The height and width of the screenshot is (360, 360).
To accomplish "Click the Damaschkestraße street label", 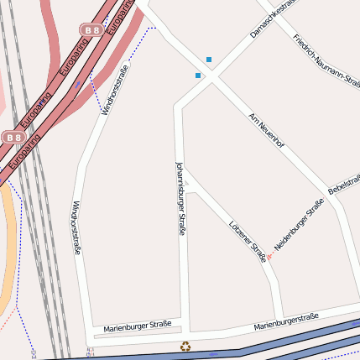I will point(274,18).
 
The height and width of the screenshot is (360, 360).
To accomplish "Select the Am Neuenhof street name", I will point(267,130).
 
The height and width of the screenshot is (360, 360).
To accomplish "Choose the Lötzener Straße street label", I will point(248,241).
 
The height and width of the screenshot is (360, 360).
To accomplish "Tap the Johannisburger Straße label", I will point(180,197).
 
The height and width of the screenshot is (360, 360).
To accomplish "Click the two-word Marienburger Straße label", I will point(138,325).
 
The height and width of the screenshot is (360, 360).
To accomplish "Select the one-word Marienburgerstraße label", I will point(286,321).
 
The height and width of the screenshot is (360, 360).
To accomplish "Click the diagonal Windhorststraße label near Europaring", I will point(115,89).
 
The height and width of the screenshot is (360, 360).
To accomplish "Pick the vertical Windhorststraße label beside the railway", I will point(76,227).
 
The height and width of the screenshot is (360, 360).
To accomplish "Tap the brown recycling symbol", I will point(185,345).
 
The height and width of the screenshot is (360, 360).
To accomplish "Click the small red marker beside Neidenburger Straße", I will point(269,255).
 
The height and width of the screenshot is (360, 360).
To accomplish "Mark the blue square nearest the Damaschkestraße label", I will point(209,59).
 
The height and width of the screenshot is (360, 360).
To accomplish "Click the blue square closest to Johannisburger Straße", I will point(198,76).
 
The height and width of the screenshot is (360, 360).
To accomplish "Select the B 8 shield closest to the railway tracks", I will point(13,137).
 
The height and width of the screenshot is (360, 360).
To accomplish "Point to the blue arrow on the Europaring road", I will point(78,84).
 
